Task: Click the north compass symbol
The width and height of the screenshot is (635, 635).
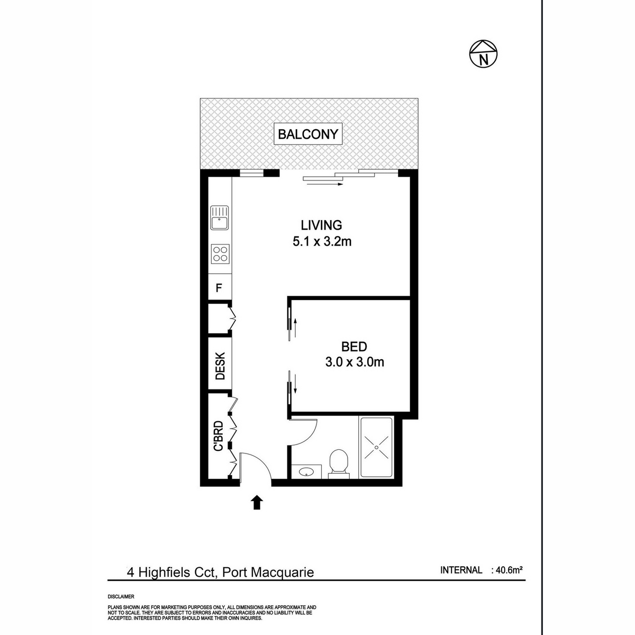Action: coord(484,53)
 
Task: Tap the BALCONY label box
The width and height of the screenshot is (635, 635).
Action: coord(308,134)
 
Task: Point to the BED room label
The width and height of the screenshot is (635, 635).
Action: coord(354,347)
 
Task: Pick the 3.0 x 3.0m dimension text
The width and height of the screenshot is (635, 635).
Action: coord(354,362)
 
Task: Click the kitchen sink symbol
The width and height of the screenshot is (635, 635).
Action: coord(219,218)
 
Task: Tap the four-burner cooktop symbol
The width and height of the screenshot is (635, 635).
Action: coord(220,254)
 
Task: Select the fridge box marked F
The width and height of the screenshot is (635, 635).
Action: coord(218,288)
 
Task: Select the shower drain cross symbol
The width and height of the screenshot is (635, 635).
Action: coord(376,447)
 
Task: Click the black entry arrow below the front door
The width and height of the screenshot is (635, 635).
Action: coord(257,502)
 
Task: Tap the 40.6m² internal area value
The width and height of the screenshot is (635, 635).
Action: coord(509,570)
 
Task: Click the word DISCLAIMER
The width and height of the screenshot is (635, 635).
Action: coord(121,596)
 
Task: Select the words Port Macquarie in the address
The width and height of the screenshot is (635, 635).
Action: coord(268,572)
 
